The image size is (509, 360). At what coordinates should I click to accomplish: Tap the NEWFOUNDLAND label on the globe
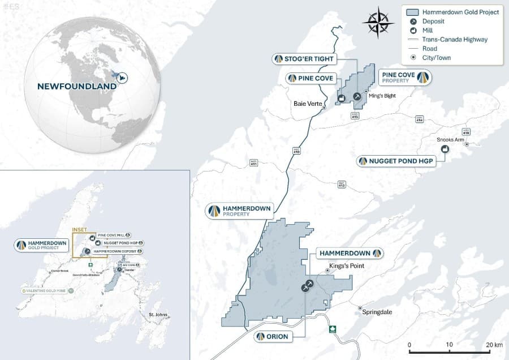[77, 87]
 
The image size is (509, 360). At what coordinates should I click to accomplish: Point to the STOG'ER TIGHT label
[305, 59]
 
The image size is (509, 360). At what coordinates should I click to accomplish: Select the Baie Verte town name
[308, 104]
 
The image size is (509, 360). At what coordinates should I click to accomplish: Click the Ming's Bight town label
[380, 95]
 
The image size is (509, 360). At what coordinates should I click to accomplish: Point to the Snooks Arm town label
[450, 140]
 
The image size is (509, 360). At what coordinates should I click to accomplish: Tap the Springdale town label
[377, 312]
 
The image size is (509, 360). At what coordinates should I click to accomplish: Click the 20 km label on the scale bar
[494, 345]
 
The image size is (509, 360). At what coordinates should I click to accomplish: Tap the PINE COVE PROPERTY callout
[404, 78]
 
